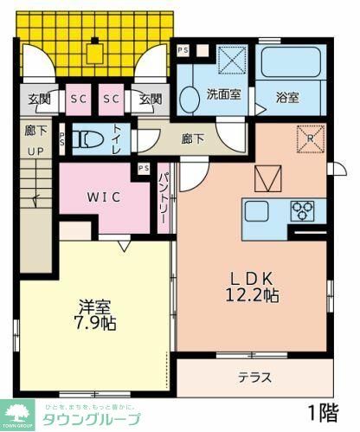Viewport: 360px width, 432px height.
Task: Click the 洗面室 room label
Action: point(222,95)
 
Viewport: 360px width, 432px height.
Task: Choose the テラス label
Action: point(254,377)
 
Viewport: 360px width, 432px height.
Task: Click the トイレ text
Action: point(118,139)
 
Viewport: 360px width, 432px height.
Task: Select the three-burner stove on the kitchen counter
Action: point(302,209)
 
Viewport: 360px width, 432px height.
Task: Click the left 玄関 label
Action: point(36,99)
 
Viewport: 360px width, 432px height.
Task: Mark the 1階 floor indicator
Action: point(326,409)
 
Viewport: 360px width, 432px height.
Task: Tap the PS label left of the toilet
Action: point(62,139)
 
